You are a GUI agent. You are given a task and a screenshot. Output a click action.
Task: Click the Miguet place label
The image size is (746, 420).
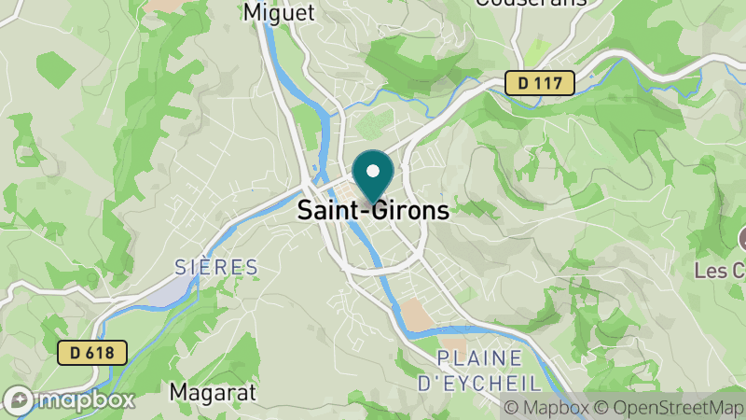[x=278, y=12]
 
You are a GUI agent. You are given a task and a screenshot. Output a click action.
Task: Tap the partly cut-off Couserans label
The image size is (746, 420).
[x=531, y=3]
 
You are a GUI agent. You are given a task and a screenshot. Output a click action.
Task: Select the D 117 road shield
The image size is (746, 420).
[x=540, y=83]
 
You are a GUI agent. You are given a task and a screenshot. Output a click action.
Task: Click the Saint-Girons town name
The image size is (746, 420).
[x=373, y=211]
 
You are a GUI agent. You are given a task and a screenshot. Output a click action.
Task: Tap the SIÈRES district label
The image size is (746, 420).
[x=216, y=268]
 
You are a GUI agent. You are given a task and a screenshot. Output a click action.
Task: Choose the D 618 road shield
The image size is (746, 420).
[x=92, y=353]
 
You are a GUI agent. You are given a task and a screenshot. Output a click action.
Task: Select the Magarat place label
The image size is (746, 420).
[x=213, y=393]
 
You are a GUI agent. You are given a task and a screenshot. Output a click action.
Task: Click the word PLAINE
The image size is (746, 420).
[x=479, y=358]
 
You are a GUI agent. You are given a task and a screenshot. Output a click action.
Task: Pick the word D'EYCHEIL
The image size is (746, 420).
[x=478, y=383]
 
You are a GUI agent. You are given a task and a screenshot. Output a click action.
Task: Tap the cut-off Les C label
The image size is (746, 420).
[x=721, y=271]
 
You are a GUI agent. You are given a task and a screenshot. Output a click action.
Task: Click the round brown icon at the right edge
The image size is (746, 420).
[x=741, y=238]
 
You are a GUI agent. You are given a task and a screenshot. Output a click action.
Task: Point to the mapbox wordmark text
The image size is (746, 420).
[x=86, y=400]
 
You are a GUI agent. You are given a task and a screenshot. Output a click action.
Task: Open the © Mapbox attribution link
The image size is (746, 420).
[x=547, y=408]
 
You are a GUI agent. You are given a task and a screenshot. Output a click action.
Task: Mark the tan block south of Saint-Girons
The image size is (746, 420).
[x=420, y=316]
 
